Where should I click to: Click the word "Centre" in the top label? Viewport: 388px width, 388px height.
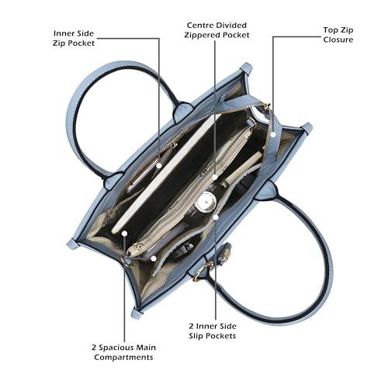(200, 26)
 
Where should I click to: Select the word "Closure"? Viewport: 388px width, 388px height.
(338, 40)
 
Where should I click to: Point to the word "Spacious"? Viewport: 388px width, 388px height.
(116, 348)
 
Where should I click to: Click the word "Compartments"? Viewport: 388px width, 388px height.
(123, 358)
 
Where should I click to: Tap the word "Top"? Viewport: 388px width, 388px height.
(329, 30)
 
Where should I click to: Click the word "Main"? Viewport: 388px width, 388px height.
(146, 348)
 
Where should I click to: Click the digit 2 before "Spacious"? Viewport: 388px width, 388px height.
(94, 348)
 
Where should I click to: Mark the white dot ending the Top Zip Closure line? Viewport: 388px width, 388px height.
(273, 134)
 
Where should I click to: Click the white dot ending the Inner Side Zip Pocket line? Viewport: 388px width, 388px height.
(159, 165)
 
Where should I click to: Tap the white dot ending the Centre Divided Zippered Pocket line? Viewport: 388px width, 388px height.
(215, 177)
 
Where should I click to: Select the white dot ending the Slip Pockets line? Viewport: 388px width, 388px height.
(216, 217)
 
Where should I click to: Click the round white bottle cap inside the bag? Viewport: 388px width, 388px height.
(206, 202)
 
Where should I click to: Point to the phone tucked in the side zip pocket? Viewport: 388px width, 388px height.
(143, 175)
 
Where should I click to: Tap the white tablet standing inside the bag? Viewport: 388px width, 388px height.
(165, 174)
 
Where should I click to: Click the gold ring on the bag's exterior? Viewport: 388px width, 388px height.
(201, 272)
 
